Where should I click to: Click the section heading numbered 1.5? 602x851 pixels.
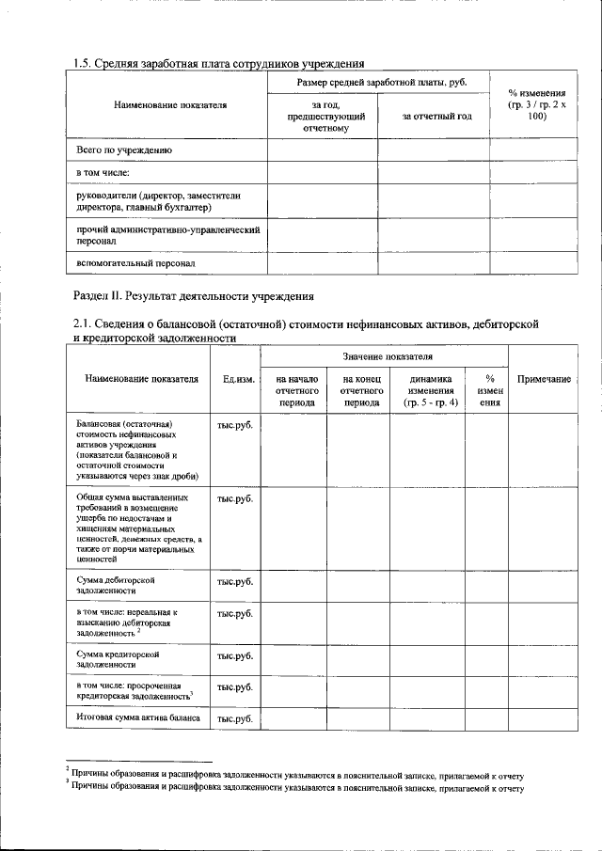pos(218,64)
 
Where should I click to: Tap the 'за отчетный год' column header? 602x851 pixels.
pos(433,117)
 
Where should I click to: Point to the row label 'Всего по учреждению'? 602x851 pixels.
pos(123,150)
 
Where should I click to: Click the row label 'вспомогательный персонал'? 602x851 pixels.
pos(135,263)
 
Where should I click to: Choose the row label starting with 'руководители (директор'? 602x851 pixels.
pos(150,200)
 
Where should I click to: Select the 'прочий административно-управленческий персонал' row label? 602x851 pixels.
pos(167,234)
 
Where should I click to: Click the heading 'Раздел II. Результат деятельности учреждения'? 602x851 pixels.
pos(193,295)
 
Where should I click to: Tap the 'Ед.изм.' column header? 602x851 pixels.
pos(235,379)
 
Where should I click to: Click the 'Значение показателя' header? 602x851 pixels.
pos(384,357)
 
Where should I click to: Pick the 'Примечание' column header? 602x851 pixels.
pos(544,379)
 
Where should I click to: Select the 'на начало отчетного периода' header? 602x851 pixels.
pos(293,389)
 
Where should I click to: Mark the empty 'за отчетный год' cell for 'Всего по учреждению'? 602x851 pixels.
pos(433,150)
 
